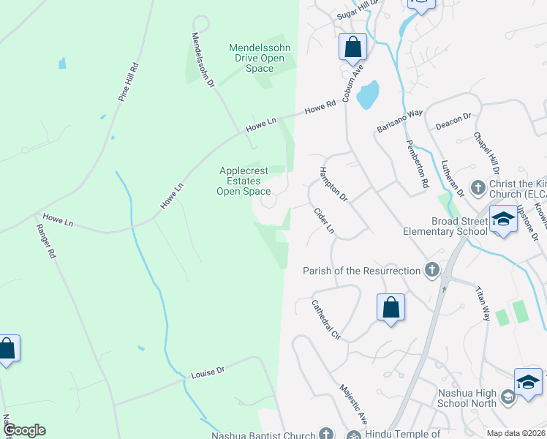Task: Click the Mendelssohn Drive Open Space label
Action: [x=260, y=59]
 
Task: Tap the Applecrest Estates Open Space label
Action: [x=245, y=181]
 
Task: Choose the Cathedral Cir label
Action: [x=326, y=320]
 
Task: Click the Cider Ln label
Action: [x=323, y=220]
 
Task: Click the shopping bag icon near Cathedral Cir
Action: [x=391, y=307]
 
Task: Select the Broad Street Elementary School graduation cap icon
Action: [x=503, y=221]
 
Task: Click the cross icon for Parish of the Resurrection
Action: [x=432, y=271]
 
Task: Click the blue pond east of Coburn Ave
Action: [x=368, y=94]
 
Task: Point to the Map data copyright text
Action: [x=515, y=433]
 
